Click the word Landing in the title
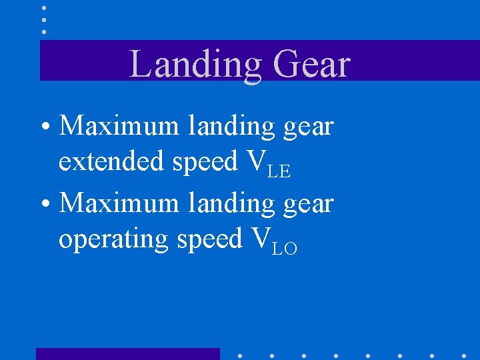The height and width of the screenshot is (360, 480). coord(195,65)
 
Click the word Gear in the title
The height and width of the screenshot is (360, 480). coord(311,65)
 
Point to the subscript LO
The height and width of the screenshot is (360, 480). coord(285,249)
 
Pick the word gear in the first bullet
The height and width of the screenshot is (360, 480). coord(308,127)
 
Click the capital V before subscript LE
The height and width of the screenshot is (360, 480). coord(255,161)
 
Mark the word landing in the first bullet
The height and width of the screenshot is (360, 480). coord(231,126)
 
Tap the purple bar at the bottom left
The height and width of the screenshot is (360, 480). coord(127,353)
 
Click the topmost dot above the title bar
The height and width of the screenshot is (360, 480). coord(44,8)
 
